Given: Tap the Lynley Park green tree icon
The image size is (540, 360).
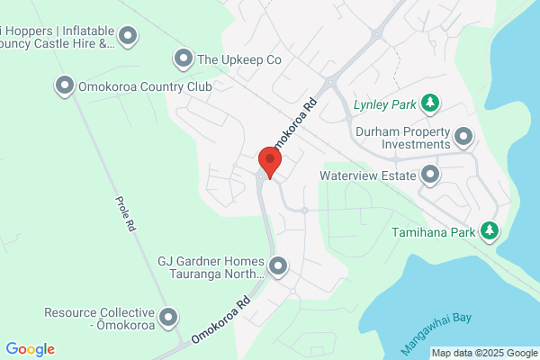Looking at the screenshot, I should coord(430,103).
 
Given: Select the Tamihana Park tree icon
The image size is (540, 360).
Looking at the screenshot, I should coord(490,231).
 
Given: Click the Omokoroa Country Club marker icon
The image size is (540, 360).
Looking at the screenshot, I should coord(65,86).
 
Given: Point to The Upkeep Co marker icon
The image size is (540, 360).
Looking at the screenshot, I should coord(183,59).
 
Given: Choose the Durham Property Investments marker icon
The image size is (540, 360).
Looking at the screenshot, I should coord(463,137).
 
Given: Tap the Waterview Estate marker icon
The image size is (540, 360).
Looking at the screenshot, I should coord(430,175).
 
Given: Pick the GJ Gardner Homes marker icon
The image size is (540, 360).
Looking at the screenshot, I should coord(278,265).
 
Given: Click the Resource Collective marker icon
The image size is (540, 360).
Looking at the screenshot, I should coord(167,317).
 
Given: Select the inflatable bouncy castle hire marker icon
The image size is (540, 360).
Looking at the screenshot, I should coord(128,36).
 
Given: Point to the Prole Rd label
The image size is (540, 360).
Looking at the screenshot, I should coord(124,212).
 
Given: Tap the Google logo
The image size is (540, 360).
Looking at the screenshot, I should coord(30,349).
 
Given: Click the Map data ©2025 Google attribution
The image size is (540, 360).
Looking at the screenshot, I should coord(483,352).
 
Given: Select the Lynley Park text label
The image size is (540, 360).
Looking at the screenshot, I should coord(384,104).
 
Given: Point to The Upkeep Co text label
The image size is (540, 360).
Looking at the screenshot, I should coord(239,59).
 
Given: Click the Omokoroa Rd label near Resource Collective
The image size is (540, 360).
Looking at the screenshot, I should coord(220,319).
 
